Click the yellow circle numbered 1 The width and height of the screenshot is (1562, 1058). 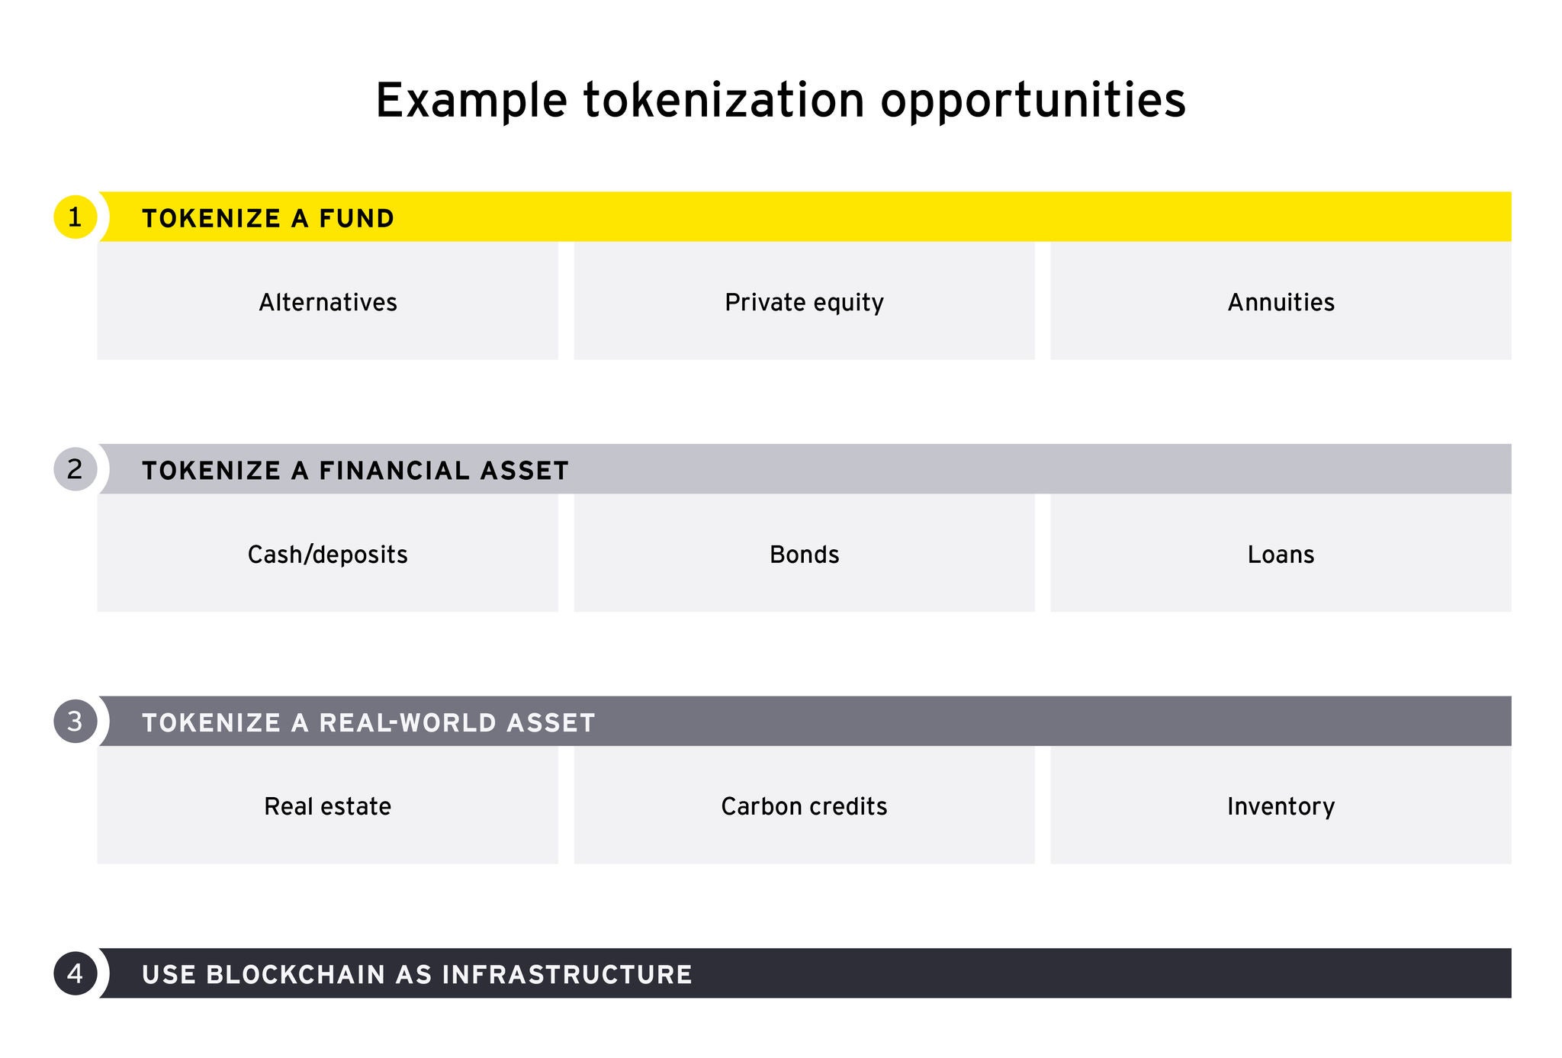click(75, 217)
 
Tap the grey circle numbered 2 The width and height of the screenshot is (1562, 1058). click(75, 469)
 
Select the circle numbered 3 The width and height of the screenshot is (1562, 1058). click(75, 721)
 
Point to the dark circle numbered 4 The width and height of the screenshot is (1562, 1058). click(75, 973)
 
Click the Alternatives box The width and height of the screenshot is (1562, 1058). click(327, 301)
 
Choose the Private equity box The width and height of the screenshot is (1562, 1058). click(804, 301)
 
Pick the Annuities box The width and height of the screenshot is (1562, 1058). click(1281, 301)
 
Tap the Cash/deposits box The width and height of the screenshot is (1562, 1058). click(327, 553)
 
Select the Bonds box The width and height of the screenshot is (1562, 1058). click(804, 553)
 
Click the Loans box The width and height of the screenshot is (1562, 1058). click(1281, 553)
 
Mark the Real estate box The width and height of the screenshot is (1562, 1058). click(327, 806)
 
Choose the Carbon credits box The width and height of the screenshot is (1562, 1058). click(804, 806)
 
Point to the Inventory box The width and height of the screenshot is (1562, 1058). click(1281, 806)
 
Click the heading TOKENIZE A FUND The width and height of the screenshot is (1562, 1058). click(268, 219)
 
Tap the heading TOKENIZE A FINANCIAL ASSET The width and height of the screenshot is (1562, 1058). click(355, 471)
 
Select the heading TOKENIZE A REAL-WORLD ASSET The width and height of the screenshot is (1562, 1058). click(368, 722)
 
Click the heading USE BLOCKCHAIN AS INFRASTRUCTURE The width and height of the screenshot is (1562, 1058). click(417, 975)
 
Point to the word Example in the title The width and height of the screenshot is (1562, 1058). click(471, 101)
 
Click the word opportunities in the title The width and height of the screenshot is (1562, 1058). click(1033, 101)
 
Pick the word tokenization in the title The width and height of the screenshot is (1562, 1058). click(725, 99)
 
